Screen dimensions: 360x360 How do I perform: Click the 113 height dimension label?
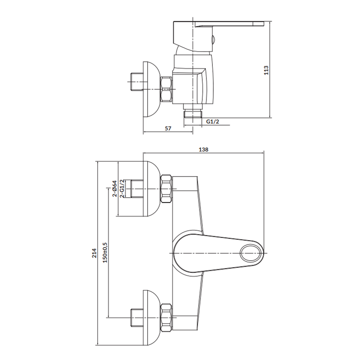266,70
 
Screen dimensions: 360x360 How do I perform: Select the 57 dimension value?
168,129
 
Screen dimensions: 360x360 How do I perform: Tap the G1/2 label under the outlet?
212,121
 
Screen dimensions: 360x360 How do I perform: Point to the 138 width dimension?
203,149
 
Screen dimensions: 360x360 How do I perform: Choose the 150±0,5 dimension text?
105,253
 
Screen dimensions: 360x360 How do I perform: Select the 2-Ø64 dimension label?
114,189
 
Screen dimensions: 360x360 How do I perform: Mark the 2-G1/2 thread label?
122,189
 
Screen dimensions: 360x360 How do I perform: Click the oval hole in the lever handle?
251,253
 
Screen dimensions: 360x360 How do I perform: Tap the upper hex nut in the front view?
166,189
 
